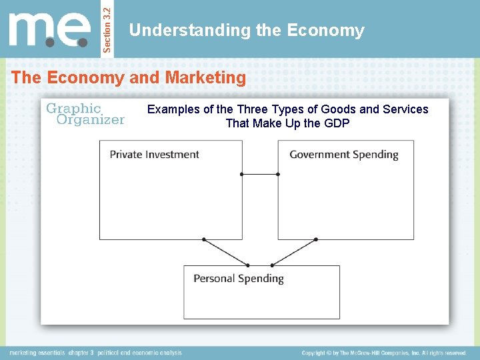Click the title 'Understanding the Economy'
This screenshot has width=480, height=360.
247,31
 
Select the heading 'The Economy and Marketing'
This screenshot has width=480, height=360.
129,78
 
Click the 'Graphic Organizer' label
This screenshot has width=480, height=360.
85,114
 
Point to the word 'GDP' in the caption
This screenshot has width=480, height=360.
336,123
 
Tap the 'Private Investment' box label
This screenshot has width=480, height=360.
154,155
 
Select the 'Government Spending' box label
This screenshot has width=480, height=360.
343,155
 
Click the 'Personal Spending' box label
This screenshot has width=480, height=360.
238,279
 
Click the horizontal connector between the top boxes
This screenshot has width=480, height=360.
260,174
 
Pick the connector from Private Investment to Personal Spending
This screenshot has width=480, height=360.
225,252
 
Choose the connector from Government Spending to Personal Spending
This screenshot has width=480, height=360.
294,252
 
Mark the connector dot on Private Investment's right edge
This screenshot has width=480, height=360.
242,174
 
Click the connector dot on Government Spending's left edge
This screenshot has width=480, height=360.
278,174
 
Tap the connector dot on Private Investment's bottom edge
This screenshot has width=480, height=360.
204,239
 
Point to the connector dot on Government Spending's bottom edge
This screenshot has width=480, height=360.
315,239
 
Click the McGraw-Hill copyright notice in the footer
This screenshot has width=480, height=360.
383,353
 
